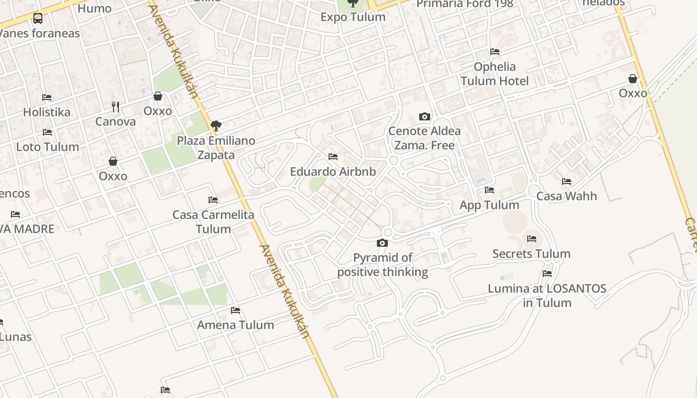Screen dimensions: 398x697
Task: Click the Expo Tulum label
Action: (352, 17)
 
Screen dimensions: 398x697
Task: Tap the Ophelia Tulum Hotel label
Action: (494, 74)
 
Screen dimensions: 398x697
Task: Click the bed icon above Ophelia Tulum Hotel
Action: (494, 52)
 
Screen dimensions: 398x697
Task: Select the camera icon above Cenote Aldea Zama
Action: (424, 117)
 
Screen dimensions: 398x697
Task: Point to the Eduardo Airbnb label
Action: (333, 172)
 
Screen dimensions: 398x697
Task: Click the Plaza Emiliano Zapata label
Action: (216, 148)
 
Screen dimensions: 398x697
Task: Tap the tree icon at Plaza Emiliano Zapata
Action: (216, 126)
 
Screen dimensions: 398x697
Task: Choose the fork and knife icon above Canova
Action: (116, 106)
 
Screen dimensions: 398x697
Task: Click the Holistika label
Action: (47, 112)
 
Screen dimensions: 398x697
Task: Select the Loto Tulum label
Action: (47, 147)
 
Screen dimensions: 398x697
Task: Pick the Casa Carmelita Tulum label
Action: (213, 222)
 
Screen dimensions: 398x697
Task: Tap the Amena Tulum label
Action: (235, 325)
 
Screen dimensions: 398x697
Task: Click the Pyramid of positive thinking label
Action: (382, 265)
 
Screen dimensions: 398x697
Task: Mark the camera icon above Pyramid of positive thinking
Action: (382, 243)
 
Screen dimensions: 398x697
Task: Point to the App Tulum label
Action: (489, 205)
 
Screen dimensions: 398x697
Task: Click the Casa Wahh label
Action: (566, 196)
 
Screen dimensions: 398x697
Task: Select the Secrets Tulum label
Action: (531, 254)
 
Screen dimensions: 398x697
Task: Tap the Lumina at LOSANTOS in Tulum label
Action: (547, 296)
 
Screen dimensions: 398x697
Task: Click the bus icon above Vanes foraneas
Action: (37, 19)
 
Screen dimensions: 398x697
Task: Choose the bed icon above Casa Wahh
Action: (566, 182)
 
